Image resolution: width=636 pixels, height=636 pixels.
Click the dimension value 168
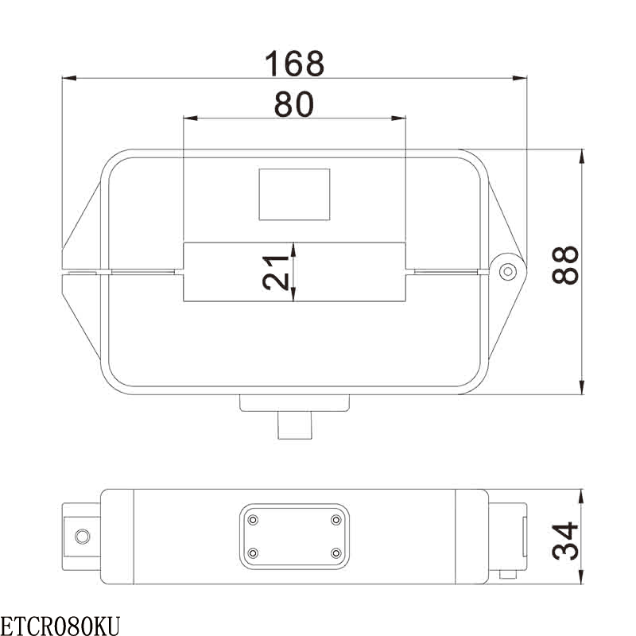click(294, 64)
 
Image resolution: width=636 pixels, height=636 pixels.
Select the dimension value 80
click(294, 104)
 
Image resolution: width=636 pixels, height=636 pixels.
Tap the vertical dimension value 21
click(276, 273)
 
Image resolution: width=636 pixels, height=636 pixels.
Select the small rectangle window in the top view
click(294, 194)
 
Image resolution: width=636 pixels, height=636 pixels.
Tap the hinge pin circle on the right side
click(506, 272)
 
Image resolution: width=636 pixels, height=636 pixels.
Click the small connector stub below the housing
click(294, 425)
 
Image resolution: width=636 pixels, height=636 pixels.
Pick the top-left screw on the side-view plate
click(253, 520)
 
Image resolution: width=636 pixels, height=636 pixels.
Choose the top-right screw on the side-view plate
click(335, 520)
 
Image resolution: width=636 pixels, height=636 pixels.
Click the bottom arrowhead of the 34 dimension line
click(583, 579)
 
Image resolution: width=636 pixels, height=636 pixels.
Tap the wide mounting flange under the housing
click(294, 403)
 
